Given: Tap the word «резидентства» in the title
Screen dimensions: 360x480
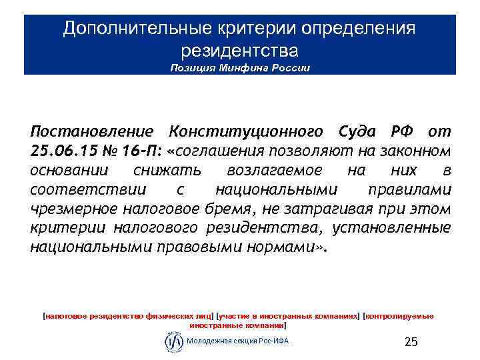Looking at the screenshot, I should tap(240, 51).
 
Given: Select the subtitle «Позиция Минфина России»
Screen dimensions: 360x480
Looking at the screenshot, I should tap(240, 68).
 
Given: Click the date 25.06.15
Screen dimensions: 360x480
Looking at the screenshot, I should tap(61, 151).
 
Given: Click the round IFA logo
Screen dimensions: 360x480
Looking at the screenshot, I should tap(173, 341).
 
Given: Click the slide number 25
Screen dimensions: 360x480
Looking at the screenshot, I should tap(411, 342).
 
